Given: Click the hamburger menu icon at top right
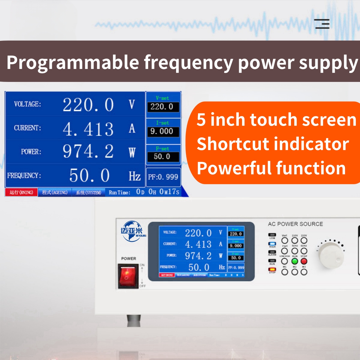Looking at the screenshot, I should click(322, 24).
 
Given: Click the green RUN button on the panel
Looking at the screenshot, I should click(295, 261).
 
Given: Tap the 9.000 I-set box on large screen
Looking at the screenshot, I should click(163, 131).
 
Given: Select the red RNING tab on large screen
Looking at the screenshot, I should click(21, 192).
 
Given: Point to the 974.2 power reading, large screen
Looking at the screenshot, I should click(88, 151).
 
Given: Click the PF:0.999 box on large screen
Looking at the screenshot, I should click(163, 177).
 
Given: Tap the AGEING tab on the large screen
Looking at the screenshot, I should click(55, 192).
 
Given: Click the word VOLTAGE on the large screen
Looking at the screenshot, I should click(27, 104).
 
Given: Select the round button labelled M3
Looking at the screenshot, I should click(304, 272).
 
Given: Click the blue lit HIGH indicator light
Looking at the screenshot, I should click(272, 244).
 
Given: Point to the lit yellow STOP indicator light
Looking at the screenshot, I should click(272, 269).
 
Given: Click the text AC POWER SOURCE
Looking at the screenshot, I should click(295, 224).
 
